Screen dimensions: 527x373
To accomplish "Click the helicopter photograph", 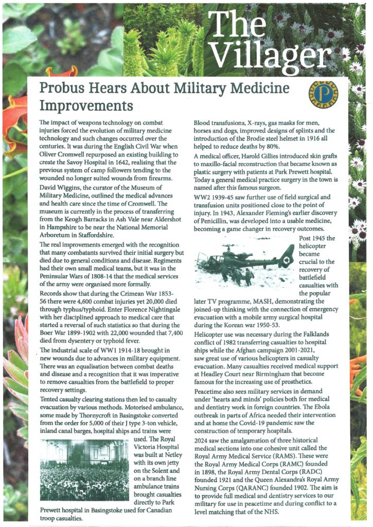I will point(244,261).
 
